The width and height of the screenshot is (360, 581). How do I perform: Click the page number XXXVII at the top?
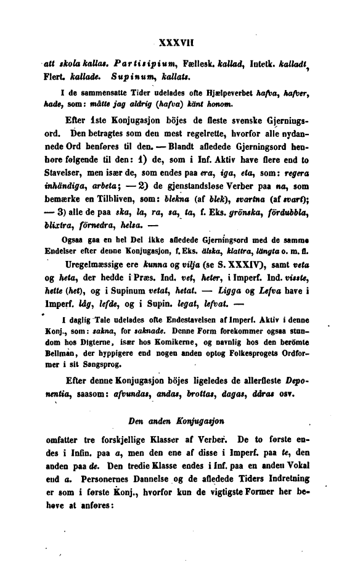point(177,44)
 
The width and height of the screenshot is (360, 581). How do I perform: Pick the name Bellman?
point(64,365)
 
